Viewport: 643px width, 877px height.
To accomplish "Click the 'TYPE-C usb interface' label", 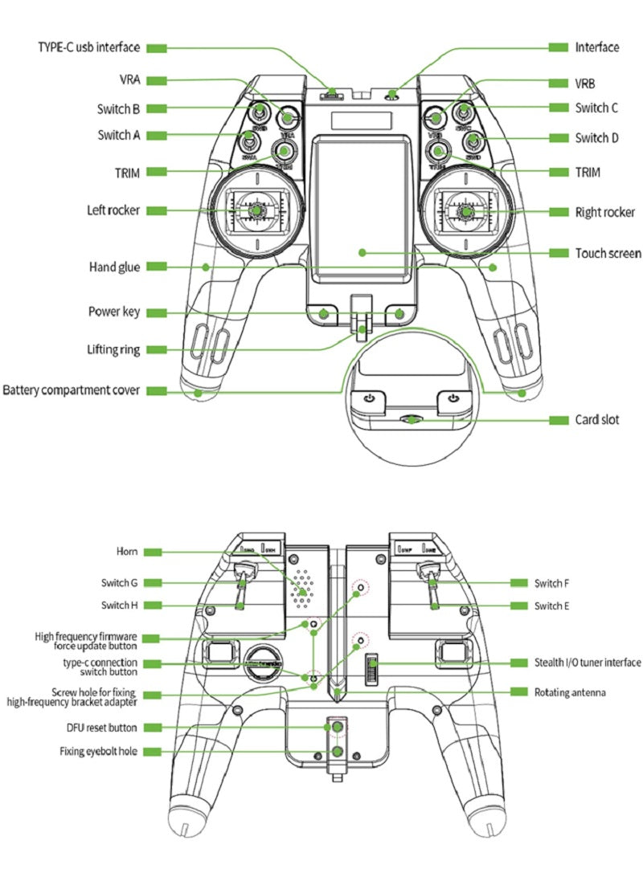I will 88,47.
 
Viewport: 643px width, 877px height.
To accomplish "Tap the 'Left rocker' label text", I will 113,210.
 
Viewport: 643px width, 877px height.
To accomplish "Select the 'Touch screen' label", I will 608,253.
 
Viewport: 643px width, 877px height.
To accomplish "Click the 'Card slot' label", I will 596,420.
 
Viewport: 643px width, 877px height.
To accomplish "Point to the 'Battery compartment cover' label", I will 72,390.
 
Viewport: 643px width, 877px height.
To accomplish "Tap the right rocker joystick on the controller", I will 467,212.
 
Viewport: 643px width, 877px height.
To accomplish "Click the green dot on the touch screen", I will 362,252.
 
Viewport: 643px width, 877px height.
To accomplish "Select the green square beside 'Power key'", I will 157,312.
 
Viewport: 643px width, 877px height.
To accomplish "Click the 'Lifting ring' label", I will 113,349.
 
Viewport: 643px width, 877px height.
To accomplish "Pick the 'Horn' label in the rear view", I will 129,552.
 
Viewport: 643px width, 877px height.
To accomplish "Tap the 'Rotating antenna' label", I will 570,691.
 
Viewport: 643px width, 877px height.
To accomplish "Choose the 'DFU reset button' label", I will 101,728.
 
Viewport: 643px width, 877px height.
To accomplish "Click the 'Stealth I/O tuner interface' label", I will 588,663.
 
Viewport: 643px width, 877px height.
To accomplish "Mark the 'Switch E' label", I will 552,605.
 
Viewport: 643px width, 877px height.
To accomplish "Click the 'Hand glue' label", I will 113,267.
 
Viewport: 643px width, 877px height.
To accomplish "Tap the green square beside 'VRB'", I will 559,83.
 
